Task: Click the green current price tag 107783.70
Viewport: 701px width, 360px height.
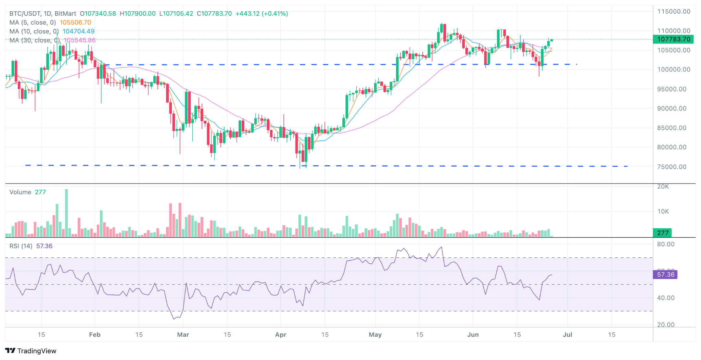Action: click(673, 39)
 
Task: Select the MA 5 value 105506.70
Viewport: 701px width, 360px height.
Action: click(75, 23)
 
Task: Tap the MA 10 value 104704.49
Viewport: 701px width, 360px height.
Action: click(78, 31)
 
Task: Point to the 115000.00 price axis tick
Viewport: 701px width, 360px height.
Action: click(673, 12)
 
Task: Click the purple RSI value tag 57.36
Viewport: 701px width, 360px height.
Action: click(665, 274)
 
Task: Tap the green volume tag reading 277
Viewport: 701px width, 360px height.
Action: click(663, 233)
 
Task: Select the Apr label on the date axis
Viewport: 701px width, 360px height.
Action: click(281, 335)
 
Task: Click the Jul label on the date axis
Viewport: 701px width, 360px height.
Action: click(568, 335)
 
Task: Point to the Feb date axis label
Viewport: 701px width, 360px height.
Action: click(94, 335)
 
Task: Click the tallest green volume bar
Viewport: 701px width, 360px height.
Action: click(66, 212)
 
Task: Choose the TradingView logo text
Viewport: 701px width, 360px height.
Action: click(37, 351)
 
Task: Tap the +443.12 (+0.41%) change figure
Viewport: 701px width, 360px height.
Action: click(262, 14)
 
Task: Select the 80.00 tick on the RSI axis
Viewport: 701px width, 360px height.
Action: click(665, 244)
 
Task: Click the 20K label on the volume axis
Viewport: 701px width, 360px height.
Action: click(663, 187)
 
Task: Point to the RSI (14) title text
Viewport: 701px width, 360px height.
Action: click(21, 246)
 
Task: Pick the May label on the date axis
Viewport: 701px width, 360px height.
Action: click(375, 335)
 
